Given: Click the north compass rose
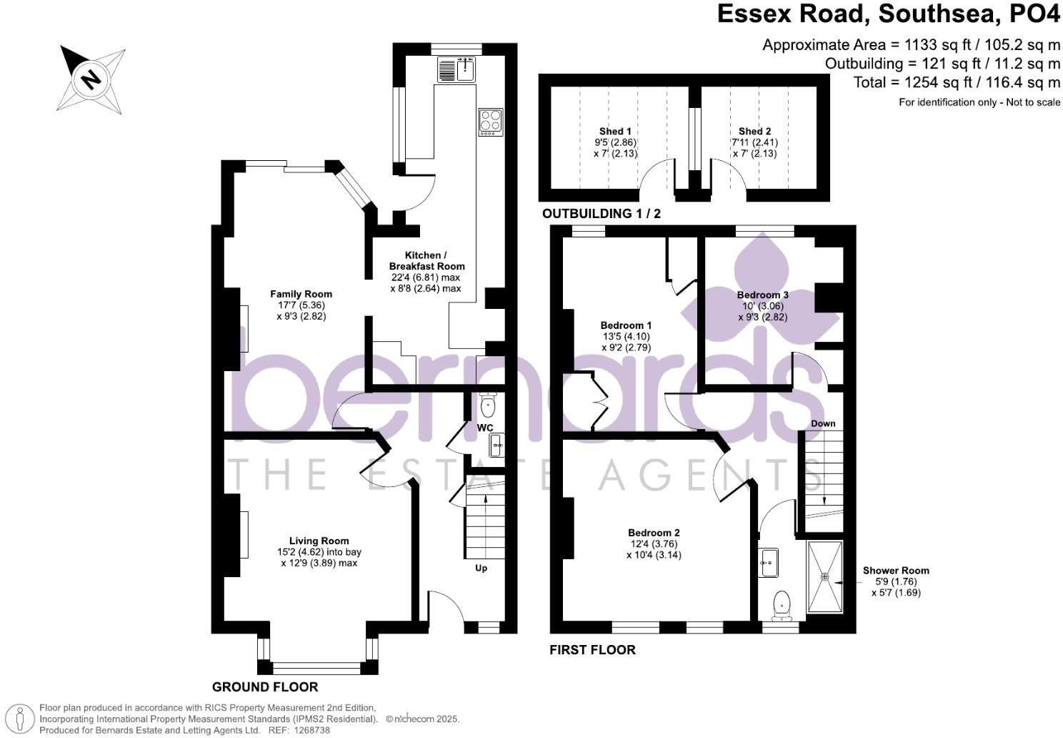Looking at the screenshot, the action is coord(91,80).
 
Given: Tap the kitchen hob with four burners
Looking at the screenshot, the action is coord(491,122).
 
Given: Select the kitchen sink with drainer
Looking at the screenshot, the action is coord(456,70).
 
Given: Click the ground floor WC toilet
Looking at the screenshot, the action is coord(488,404).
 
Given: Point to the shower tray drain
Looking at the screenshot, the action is coord(825,576).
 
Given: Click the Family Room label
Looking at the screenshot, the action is coord(301,294).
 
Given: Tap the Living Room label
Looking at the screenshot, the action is coord(319,541).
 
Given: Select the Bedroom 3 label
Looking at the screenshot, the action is coord(763,295).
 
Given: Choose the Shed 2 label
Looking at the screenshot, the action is coord(754,131).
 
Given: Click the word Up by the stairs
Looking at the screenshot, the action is coord(481,569).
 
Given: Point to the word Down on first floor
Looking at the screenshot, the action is coord(823,423).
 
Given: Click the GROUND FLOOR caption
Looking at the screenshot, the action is coord(265,687).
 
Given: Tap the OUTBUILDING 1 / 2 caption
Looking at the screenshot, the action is coord(602,214).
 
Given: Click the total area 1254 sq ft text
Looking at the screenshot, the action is coord(957,83).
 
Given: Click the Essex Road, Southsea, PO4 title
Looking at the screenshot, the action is coord(889,14).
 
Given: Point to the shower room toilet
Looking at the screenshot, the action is coord(781,606).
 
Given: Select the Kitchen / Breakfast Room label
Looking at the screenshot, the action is coord(426,261).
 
